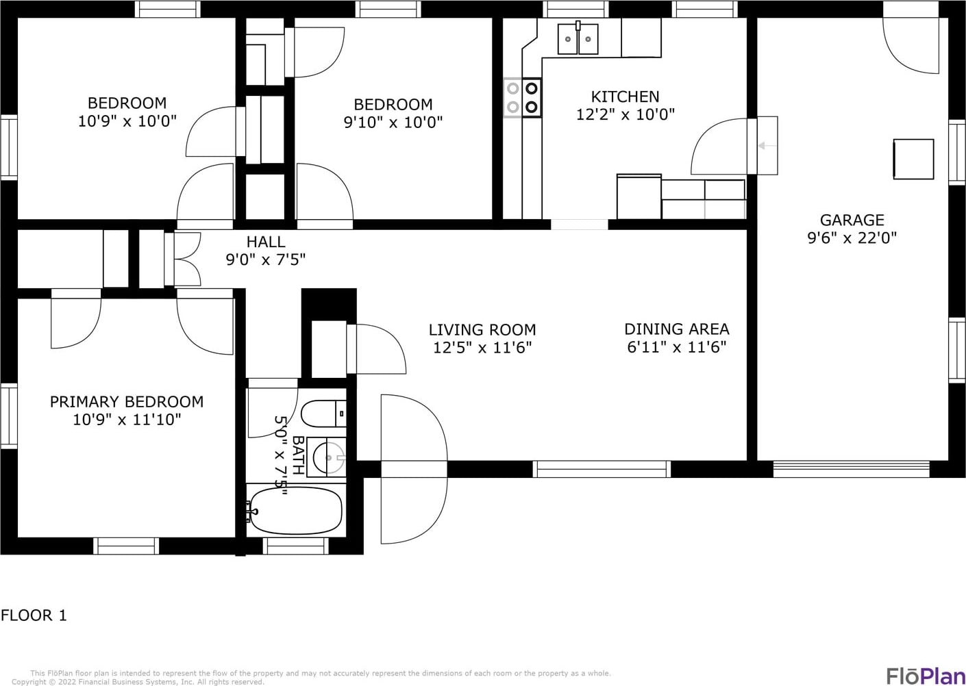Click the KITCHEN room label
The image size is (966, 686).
pos(625,96)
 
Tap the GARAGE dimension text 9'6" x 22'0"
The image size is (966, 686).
pos(852,238)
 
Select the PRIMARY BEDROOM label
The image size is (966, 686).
pos(127,402)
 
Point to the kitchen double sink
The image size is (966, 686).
pos(578,39)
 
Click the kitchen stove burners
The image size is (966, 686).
pos(523,97)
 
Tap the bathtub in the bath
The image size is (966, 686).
pos(296,511)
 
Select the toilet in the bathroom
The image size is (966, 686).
pos(323,414)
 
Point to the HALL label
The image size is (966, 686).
pos(266,242)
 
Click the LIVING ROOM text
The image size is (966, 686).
pos(482,329)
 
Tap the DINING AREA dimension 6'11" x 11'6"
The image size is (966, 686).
pos(677,347)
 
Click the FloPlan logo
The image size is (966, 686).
pos(926,675)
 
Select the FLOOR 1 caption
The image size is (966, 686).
pos(34,615)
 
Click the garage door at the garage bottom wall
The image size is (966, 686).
pos(851,469)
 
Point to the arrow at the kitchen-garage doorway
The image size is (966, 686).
pos(767,146)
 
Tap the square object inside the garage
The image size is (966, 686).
pos(913,159)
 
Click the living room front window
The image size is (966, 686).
pos(602,469)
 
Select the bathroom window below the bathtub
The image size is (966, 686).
pos(295,546)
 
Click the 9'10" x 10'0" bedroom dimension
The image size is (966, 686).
pos(393,123)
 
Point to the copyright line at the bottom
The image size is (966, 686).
pos(138,682)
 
